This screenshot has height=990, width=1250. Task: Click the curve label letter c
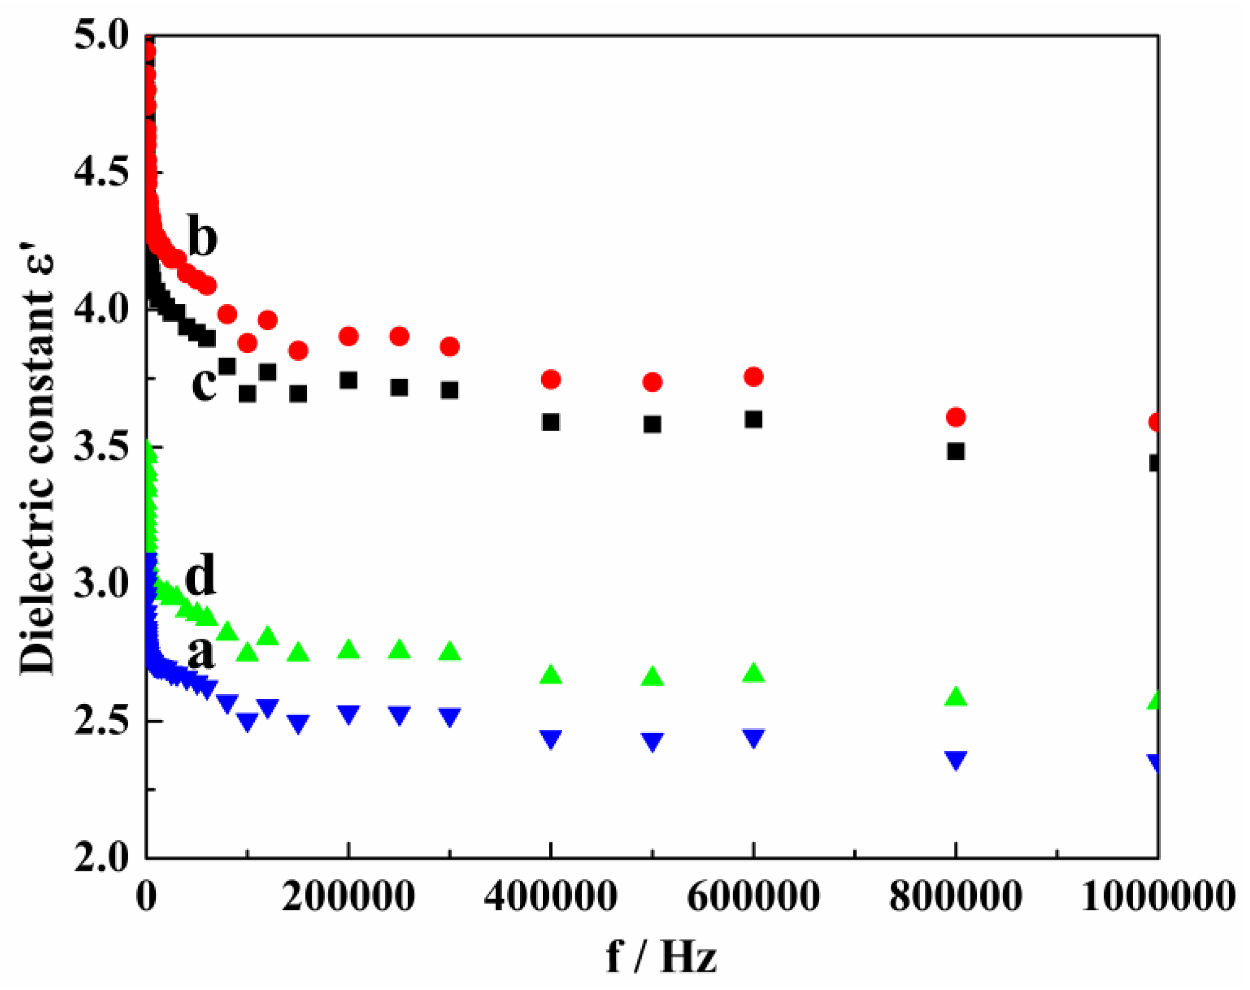(203, 383)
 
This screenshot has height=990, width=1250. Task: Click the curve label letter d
(201, 575)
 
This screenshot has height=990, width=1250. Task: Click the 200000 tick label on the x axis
(348, 896)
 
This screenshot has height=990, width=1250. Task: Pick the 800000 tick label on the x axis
(955, 896)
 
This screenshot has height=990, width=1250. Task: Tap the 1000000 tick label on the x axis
(1157, 896)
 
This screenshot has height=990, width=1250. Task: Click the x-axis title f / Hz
(661, 956)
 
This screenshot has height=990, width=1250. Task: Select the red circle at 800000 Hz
(956, 417)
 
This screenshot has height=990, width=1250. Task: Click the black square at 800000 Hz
(956, 451)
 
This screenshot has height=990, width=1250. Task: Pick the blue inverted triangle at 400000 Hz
(551, 738)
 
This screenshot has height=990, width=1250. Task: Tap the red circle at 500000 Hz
(652, 381)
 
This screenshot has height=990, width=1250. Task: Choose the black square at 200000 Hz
(348, 380)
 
